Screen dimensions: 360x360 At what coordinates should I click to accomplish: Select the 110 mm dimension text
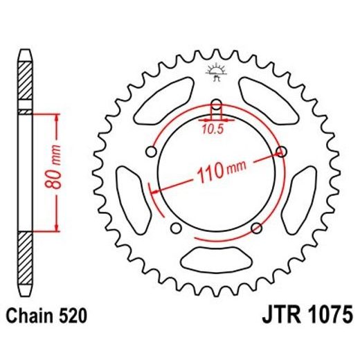pos(218,171)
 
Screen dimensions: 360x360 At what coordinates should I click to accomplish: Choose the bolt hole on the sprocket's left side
pos(151,152)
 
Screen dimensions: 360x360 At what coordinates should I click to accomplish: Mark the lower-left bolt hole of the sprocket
pos(175,229)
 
